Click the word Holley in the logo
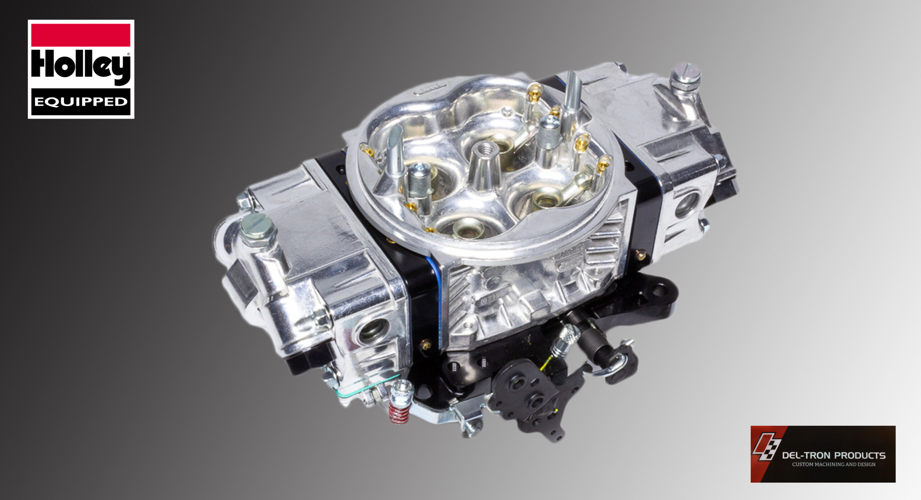coord(81,67)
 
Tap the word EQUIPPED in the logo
coord(81,102)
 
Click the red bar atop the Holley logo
coord(81,35)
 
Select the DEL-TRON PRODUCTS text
coord(834,455)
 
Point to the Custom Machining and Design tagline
coord(834,464)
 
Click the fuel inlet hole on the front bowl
coord(373,331)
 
